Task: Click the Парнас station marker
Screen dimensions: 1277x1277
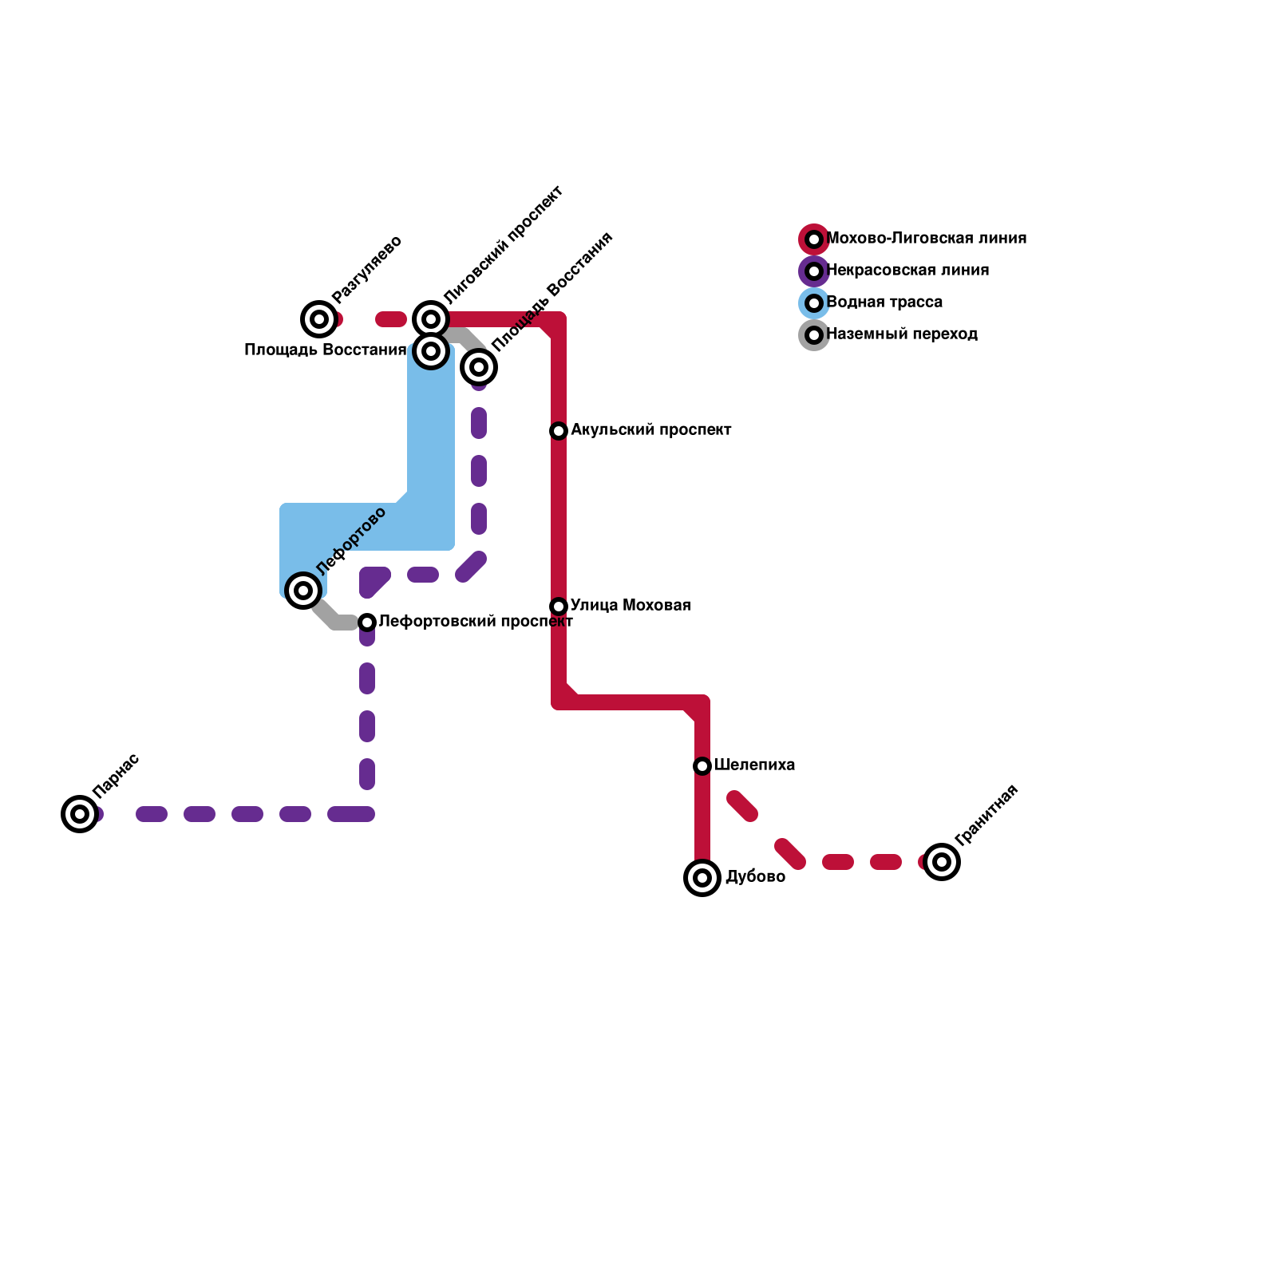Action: click(x=80, y=814)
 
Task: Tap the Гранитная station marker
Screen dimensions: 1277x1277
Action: click(x=942, y=862)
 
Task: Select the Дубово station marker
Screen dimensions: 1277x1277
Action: click(x=702, y=878)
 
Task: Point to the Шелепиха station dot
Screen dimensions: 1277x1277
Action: click(x=702, y=766)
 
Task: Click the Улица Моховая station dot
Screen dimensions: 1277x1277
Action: click(x=559, y=607)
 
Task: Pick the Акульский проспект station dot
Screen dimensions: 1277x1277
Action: click(x=559, y=431)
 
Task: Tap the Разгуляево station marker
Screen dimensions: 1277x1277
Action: click(x=319, y=319)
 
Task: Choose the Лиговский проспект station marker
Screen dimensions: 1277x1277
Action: click(x=431, y=319)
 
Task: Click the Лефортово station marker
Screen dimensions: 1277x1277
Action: click(x=303, y=591)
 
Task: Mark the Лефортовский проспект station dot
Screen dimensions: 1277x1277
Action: click(x=367, y=623)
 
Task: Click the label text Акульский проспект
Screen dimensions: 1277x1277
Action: click(x=650, y=430)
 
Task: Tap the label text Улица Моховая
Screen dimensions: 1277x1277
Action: click(x=631, y=606)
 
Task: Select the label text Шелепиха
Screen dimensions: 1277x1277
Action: click(x=754, y=765)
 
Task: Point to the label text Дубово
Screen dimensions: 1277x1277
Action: click(x=755, y=877)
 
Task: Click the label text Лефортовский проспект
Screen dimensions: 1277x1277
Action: click(x=476, y=622)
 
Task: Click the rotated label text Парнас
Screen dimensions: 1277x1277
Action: click(x=117, y=775)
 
